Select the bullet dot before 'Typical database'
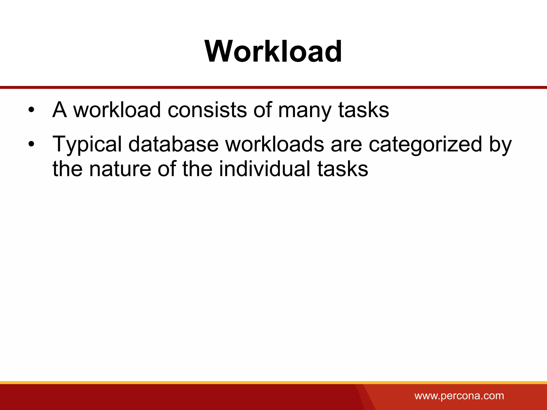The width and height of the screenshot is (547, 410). pos(32,144)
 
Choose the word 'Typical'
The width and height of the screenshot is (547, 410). pos(87,145)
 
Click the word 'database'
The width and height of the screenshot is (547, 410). pos(173,144)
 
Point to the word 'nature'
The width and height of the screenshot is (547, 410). pos(120,169)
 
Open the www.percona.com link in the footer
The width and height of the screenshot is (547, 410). pos(459,396)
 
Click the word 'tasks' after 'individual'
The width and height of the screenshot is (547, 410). pos(343,169)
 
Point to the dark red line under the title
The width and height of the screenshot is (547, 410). pos(273,87)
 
